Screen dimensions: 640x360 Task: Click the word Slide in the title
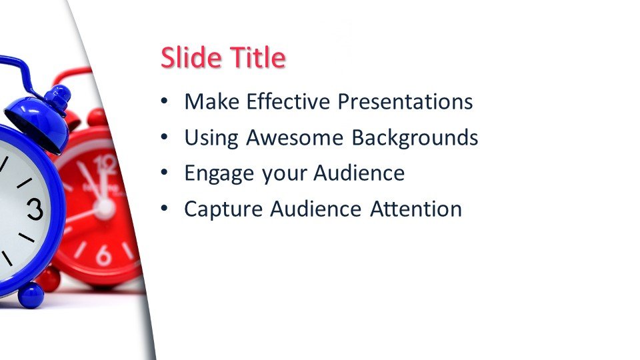[191, 57]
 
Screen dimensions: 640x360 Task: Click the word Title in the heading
[257, 57]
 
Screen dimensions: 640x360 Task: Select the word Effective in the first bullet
[288, 101]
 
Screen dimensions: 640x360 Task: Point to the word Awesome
[295, 137]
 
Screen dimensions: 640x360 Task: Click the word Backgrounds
[415, 137]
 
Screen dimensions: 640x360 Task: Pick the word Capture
[223, 209]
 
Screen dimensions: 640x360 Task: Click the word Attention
[416, 209]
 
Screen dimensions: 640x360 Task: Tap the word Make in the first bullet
[211, 101]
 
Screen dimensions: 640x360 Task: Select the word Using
[211, 137]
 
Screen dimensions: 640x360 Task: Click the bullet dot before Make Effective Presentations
[164, 101]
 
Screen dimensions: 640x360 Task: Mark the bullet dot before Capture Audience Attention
[164, 208]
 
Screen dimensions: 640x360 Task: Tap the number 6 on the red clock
[103, 255]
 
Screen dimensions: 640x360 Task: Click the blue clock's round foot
[31, 295]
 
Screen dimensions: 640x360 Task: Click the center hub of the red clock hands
[105, 208]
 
